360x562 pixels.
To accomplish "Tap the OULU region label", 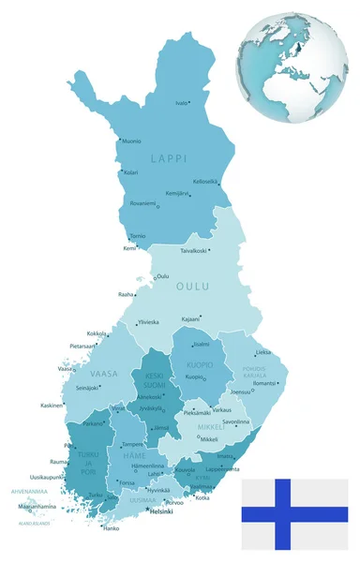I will click(x=191, y=287).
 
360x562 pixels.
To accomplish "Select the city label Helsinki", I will click(x=162, y=511).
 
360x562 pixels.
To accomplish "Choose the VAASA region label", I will click(x=103, y=373).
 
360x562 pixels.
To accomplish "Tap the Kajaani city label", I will click(x=190, y=318).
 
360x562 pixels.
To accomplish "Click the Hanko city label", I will click(x=111, y=528).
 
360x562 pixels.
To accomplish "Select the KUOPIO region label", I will click(x=199, y=364).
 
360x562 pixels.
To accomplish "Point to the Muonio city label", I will click(x=133, y=142).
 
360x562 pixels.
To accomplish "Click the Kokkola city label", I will click(x=96, y=333).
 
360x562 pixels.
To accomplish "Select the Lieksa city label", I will click(x=264, y=352).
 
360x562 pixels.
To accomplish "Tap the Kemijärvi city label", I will click(x=177, y=193).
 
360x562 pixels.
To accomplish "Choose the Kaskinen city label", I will click(x=52, y=406).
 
